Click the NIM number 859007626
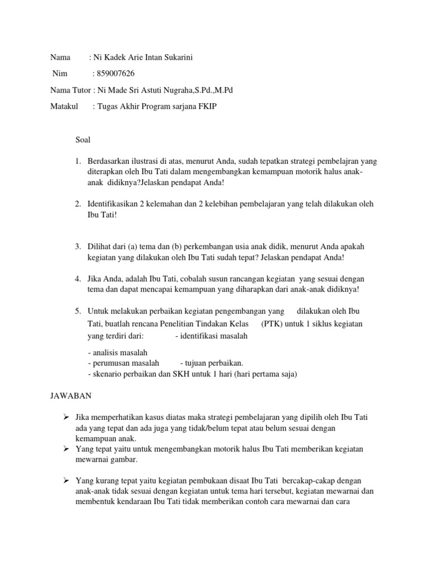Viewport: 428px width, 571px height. pyautogui.click(x=116, y=73)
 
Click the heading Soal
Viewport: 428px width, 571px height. pyautogui.click(x=82, y=140)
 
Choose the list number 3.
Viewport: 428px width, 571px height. pyautogui.click(x=77, y=246)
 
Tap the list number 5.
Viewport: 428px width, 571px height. pyautogui.click(x=77, y=311)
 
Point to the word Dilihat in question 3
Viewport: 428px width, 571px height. pyautogui.click(x=99, y=246)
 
